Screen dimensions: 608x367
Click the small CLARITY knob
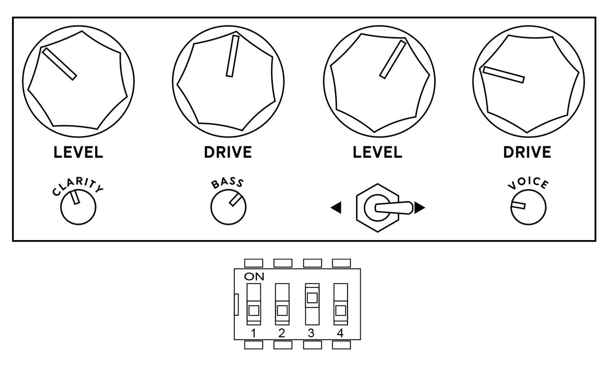pyautogui.click(x=78, y=207)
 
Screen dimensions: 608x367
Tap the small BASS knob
pyautogui.click(x=228, y=207)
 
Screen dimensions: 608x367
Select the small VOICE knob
pyautogui.click(x=528, y=207)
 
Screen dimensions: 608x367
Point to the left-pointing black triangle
pyautogui.click(x=336, y=208)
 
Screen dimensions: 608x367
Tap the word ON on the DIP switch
pyautogui.click(x=254, y=276)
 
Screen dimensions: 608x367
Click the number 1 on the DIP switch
pyautogui.click(x=254, y=333)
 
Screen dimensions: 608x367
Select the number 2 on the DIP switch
pyautogui.click(x=282, y=333)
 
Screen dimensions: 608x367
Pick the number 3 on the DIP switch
pyautogui.click(x=311, y=333)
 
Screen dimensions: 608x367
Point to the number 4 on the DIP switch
pyautogui.click(x=340, y=333)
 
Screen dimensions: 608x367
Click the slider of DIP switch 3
pyautogui.click(x=312, y=298)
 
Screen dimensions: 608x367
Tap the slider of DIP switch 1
pyautogui.click(x=254, y=311)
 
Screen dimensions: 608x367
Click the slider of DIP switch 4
pyautogui.click(x=341, y=311)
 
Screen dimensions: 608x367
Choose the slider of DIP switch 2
pyautogui.click(x=282, y=311)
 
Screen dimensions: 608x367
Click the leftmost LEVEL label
pyautogui.click(x=78, y=152)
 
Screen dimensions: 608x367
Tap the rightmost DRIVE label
pyautogui.click(x=527, y=152)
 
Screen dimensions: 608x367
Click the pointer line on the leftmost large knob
pyautogui.click(x=60, y=64)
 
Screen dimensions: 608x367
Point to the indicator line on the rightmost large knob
pyautogui.click(x=504, y=75)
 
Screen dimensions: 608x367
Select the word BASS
pyautogui.click(x=228, y=183)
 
